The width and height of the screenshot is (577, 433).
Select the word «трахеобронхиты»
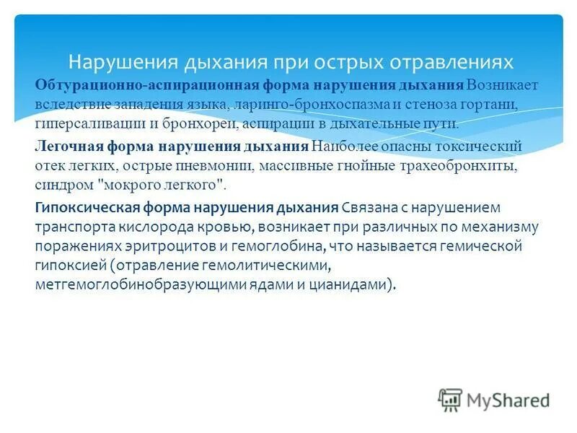[x=439, y=165]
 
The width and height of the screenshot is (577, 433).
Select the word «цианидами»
[x=358, y=284]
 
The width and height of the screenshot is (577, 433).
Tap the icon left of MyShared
[x=450, y=400]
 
